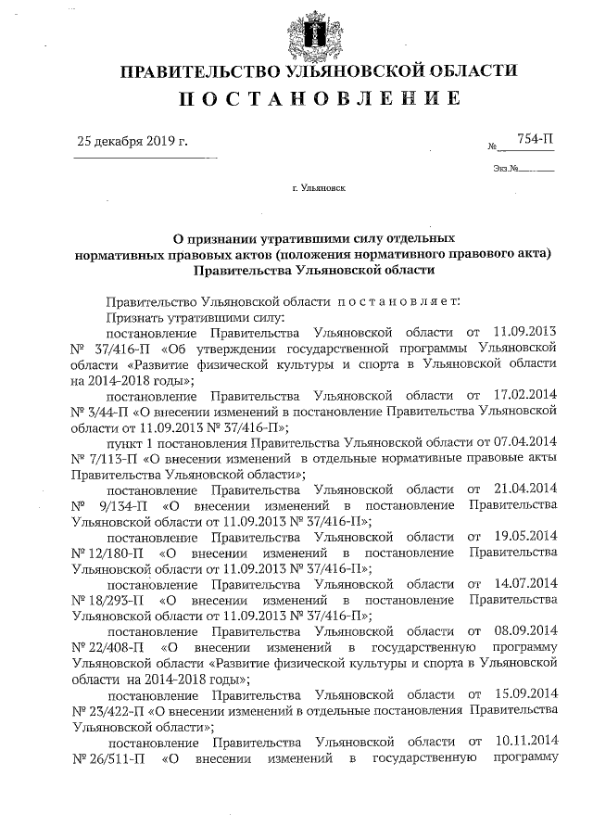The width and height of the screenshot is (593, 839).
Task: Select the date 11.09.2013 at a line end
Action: pos(525,331)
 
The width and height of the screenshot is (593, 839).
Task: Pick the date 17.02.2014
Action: pos(525,395)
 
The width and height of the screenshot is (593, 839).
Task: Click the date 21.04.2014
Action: pos(525,489)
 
